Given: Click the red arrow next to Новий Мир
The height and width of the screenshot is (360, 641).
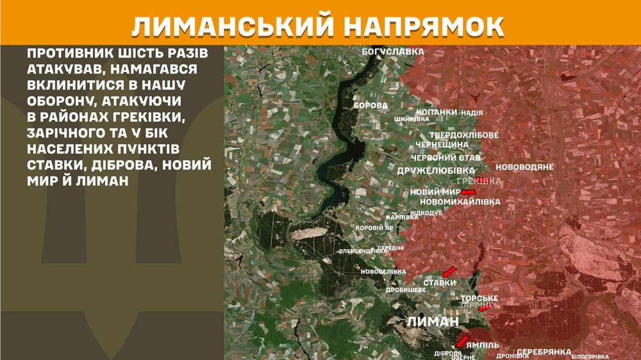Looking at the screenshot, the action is click(x=469, y=192).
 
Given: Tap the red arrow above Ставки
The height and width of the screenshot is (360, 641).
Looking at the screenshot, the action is click(x=450, y=272).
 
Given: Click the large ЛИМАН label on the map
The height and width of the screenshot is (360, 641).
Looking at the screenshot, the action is click(x=433, y=322).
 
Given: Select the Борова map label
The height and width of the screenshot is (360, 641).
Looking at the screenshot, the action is click(x=370, y=105).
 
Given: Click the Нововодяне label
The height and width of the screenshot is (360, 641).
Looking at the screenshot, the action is click(x=524, y=167).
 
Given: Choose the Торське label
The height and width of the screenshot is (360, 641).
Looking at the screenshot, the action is click(x=479, y=298).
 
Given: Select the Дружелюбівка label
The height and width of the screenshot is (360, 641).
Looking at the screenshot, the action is click(x=436, y=171).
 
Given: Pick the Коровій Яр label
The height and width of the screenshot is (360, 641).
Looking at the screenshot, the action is click(x=374, y=227).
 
